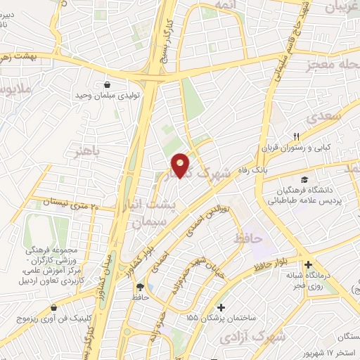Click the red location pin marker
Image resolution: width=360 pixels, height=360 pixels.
pos(181,165)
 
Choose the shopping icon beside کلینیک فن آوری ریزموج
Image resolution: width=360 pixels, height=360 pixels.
pos(54,307)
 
